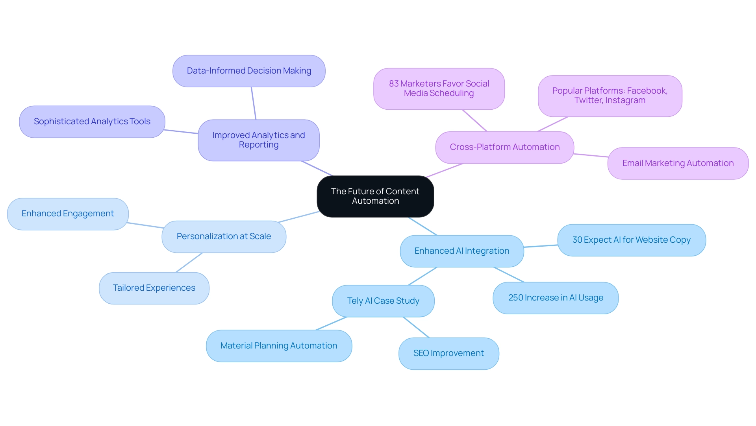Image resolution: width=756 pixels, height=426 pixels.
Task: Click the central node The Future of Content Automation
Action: (x=375, y=196)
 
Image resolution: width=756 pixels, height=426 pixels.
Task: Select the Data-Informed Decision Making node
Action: (x=249, y=71)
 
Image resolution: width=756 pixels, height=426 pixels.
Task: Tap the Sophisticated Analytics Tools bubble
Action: (x=92, y=122)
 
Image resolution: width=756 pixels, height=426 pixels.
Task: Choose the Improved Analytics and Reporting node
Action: (x=259, y=140)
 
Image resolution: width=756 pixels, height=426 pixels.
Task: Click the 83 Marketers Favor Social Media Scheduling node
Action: (x=439, y=89)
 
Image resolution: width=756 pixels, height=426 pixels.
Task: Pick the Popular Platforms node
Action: (x=610, y=96)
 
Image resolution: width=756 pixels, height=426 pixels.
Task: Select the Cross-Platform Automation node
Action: (x=504, y=147)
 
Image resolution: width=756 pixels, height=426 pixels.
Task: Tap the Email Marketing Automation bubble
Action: (x=678, y=163)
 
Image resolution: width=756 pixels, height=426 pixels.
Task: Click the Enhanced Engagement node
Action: (x=68, y=214)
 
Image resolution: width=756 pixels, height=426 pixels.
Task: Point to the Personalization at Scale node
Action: (x=224, y=236)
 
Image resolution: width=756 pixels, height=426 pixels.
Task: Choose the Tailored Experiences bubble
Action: (x=154, y=288)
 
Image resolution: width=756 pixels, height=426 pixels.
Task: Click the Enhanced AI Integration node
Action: (x=461, y=251)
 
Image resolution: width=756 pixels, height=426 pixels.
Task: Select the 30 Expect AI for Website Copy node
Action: (x=631, y=240)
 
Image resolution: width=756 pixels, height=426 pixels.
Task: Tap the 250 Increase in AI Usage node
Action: (x=555, y=298)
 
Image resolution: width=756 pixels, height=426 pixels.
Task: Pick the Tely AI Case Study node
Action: (x=383, y=301)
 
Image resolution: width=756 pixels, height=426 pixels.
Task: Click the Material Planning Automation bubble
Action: (x=279, y=346)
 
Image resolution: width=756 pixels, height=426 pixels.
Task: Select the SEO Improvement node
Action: (x=448, y=353)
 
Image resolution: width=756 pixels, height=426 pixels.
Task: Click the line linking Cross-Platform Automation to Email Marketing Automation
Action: (x=591, y=155)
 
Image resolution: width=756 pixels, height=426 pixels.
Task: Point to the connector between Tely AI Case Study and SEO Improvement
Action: (x=416, y=327)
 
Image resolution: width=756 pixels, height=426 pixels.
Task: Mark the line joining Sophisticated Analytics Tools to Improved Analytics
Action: (x=181, y=132)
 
